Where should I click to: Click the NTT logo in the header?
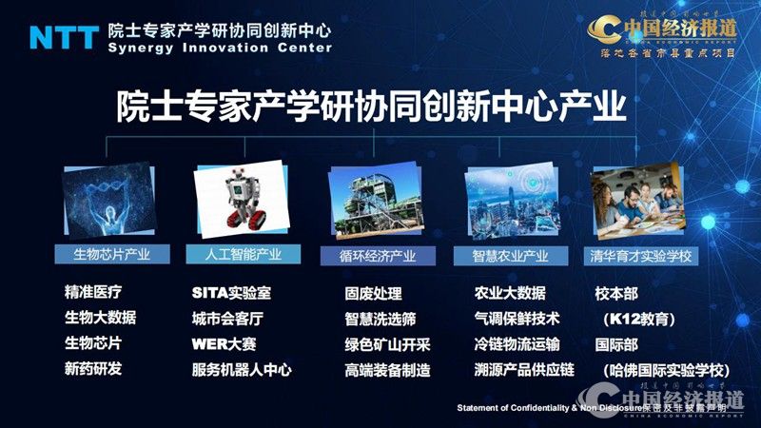(x=63, y=36)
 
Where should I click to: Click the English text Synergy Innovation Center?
(x=220, y=48)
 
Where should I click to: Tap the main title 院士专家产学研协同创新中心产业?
(x=371, y=106)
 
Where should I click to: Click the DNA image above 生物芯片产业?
(x=106, y=203)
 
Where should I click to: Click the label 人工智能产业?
(x=241, y=254)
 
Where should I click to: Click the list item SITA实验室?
(x=231, y=292)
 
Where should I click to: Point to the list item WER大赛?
(x=224, y=343)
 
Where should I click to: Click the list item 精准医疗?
(x=92, y=292)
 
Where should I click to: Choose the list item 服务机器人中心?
(x=242, y=369)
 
